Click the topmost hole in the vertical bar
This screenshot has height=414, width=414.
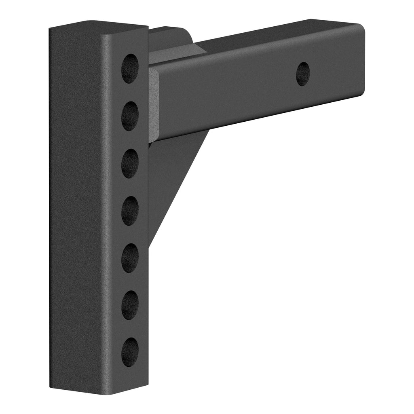click(x=130, y=68)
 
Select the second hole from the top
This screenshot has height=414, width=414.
click(x=130, y=116)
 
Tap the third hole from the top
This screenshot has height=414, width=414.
click(x=130, y=163)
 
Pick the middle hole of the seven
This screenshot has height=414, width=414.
click(x=130, y=210)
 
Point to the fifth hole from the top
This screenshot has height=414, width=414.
click(x=130, y=258)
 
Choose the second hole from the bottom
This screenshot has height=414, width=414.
click(x=130, y=304)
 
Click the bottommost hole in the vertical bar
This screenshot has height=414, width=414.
click(x=130, y=352)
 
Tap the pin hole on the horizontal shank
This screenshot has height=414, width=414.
click(x=303, y=74)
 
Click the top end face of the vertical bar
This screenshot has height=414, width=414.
click(x=97, y=25)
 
